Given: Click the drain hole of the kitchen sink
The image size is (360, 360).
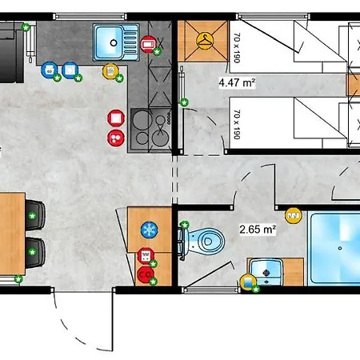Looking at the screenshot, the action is (x=114, y=42).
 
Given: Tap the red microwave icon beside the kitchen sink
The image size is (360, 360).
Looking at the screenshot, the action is (x=148, y=44).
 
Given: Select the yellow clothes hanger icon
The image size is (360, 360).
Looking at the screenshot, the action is (x=205, y=41).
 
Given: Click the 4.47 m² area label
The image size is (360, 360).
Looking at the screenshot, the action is (x=237, y=82).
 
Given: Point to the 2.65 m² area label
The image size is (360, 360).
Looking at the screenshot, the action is (x=258, y=229).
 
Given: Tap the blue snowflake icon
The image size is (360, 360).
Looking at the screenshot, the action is (x=150, y=230).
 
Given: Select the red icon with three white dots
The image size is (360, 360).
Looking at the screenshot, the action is (x=116, y=138).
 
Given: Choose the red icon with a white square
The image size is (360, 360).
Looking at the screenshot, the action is (x=116, y=118).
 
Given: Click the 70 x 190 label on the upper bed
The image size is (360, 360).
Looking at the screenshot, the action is (x=237, y=48).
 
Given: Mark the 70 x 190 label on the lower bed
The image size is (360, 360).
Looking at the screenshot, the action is (x=237, y=124).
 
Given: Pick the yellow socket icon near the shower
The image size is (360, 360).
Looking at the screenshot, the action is (x=294, y=215).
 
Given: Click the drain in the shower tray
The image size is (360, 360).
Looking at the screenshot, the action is (x=340, y=248).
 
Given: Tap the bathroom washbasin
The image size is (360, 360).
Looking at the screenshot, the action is (x=266, y=271).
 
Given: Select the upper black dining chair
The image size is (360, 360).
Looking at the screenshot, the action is (x=35, y=215).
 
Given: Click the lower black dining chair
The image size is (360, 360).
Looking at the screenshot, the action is (x=35, y=252).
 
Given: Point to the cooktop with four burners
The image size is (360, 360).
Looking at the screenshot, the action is (x=151, y=130).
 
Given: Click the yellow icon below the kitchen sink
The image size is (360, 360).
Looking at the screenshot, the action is (x=110, y=71).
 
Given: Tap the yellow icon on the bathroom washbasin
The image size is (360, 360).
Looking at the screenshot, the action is (x=248, y=282).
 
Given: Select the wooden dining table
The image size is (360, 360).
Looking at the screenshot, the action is (x=12, y=234).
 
